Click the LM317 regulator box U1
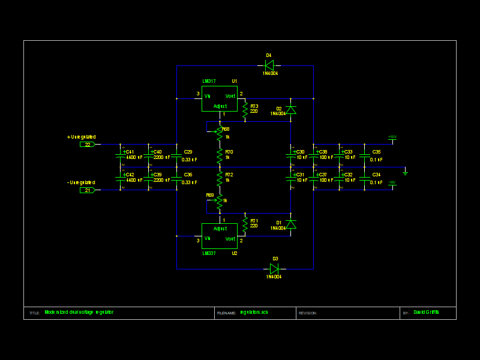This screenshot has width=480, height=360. [219, 98]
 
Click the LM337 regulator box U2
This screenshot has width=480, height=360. [219, 236]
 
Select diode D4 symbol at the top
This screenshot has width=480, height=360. [269, 65]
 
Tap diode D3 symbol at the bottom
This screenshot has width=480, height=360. [274, 269]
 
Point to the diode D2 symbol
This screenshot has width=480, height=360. [290, 109]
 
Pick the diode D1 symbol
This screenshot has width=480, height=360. [290, 224]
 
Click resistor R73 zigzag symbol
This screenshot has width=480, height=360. [245, 109]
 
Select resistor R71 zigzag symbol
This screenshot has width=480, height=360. [245, 224]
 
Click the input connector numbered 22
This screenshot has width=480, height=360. [88, 144]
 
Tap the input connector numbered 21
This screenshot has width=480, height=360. [88, 190]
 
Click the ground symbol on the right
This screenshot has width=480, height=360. [405, 172]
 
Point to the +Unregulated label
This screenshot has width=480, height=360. [81, 137]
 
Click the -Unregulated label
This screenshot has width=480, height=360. [81, 182]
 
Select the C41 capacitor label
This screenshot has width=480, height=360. [130, 152]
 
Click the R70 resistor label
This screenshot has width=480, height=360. [229, 152]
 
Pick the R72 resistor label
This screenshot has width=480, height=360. [229, 175]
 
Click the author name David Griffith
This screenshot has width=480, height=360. [427, 312]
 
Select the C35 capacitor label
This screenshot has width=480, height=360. [376, 152]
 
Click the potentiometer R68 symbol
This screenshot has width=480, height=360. [220, 133]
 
